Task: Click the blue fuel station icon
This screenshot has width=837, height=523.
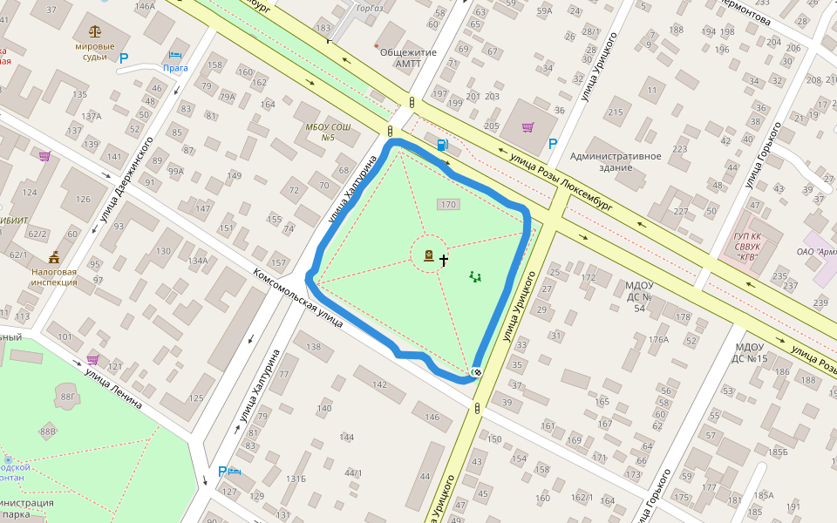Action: pos(444,146)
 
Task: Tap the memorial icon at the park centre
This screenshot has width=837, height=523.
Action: pos(429,255)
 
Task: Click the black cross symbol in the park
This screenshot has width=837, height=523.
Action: pos(444,260)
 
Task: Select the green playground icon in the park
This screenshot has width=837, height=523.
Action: pos(475,277)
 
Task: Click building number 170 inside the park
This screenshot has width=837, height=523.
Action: pos(448,205)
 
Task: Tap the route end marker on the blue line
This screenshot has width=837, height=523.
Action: pos(476,372)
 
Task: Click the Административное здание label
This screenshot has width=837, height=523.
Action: pos(615,161)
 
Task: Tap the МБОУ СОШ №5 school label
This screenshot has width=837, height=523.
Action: pos(328,132)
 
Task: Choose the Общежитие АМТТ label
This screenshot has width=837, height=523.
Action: pos(408,57)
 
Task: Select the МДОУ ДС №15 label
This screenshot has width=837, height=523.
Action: pos(749,353)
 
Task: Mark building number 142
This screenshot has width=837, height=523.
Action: pos(379,384)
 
